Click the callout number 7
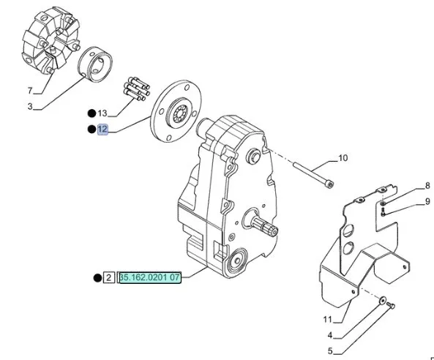tap(30, 91)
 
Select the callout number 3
tap(30, 106)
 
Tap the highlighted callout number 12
tap(102, 130)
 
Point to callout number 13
tap(102, 113)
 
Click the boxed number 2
tap(108, 277)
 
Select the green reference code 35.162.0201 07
tap(150, 277)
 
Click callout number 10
tap(343, 158)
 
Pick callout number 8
tap(427, 186)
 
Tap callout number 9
tap(427, 201)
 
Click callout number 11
tap(327, 320)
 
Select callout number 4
tap(330, 335)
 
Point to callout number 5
tap(330, 351)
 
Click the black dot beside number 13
tap(91, 113)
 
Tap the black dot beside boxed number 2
tap(97, 278)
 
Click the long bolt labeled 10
tap(313, 175)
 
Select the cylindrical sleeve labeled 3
tap(95, 65)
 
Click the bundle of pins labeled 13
tap(136, 89)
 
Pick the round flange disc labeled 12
tap(176, 111)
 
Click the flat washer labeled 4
tap(383, 301)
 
